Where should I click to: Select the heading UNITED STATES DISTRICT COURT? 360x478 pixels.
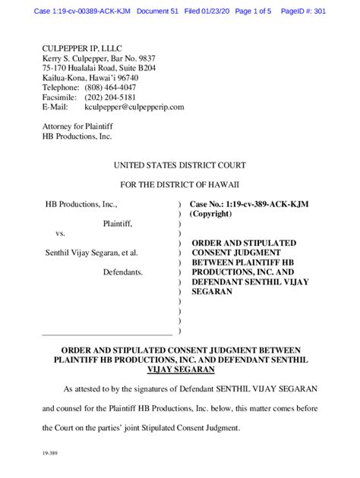pyautogui.click(x=179, y=165)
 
